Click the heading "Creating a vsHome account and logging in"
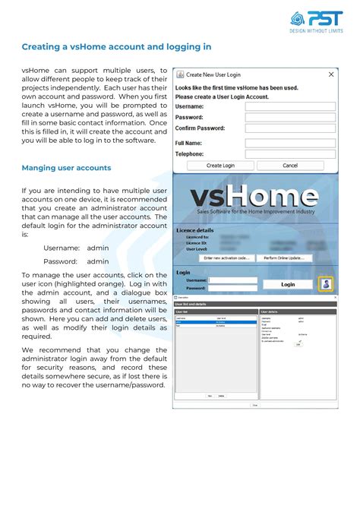[x=116, y=47]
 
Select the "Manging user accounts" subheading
[x=66, y=168]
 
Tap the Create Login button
[x=220, y=165]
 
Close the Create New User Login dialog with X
[x=331, y=75]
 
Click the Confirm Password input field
[x=290, y=129]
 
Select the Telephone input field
[x=290, y=153]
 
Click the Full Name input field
[x=290, y=143]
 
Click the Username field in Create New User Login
[x=290, y=107]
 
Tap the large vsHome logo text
[x=254, y=196]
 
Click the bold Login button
[x=288, y=284]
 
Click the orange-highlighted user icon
[x=325, y=284]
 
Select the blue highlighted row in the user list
[x=214, y=323]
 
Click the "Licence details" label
[x=195, y=230]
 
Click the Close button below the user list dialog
[x=254, y=405]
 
